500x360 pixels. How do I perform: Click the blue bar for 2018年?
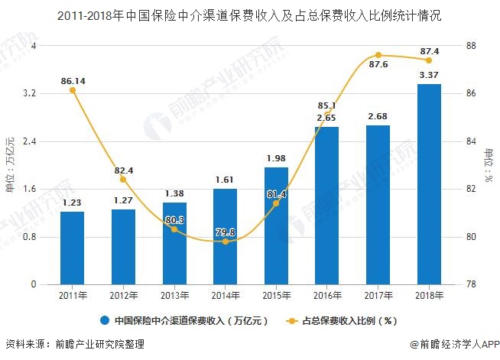[429, 184]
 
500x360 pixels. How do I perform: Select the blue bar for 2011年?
[72, 248]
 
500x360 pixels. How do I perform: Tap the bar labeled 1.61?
[225, 236]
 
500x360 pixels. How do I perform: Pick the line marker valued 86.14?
[73, 90]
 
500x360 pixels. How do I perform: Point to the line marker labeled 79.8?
[225, 242]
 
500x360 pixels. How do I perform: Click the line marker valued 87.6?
[378, 55]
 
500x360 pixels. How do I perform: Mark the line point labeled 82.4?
[123, 180]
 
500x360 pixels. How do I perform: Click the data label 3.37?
[429, 75]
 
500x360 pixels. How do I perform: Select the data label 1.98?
[276, 158]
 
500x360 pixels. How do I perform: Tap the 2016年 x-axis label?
[326, 295]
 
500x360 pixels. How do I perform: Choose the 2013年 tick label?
[174, 295]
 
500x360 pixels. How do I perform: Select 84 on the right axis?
[471, 141]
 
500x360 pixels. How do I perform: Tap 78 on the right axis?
[471, 284]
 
